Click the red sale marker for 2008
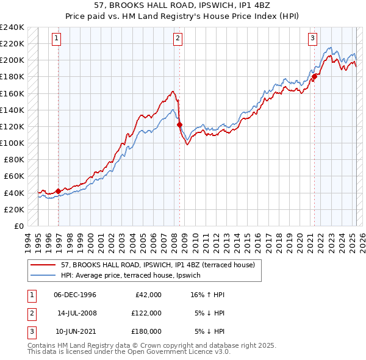click(x=179, y=125)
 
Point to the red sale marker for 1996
click(x=58, y=191)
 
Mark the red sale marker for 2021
click(x=315, y=77)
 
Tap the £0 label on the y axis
click(x=18, y=226)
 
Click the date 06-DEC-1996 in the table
click(x=75, y=295)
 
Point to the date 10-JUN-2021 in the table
click(x=75, y=331)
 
